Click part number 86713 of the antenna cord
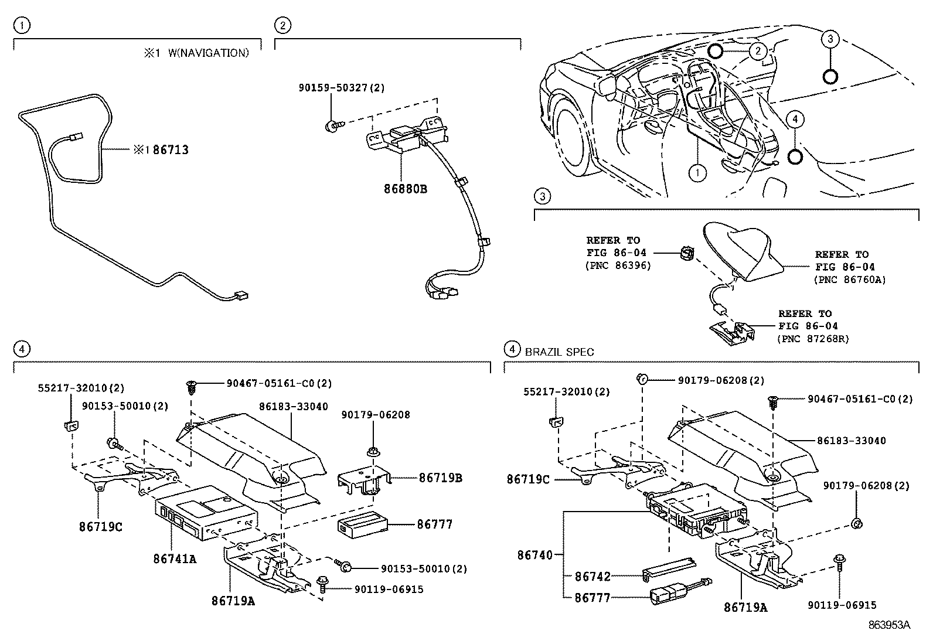(x=171, y=150)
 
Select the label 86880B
(x=405, y=189)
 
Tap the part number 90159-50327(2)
(x=341, y=88)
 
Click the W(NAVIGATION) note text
(x=208, y=53)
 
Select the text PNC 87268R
(x=813, y=339)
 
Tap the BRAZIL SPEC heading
(x=559, y=352)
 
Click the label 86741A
(x=175, y=559)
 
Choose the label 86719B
(x=440, y=478)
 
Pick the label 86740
(x=534, y=554)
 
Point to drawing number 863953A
(x=889, y=625)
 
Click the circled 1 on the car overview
(x=697, y=173)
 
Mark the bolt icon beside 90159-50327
(x=332, y=124)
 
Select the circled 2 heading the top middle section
(x=282, y=25)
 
